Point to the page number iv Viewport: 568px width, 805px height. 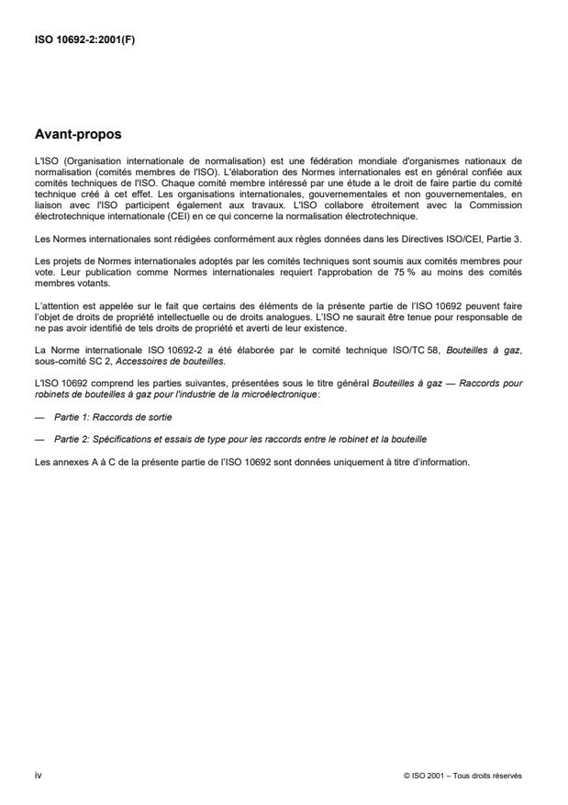tap(38, 776)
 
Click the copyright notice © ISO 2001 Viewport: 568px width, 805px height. tap(425, 776)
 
